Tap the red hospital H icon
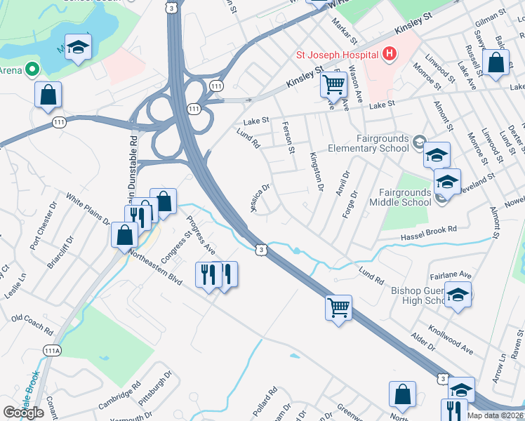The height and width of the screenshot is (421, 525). pos(390,53)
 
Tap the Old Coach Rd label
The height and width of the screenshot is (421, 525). pos(32,324)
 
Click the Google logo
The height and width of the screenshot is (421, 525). pos(23,412)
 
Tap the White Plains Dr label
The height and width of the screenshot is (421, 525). pos(88,210)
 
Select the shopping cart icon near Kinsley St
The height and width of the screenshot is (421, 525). pos(333,86)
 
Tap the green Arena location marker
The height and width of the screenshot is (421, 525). pos(31,69)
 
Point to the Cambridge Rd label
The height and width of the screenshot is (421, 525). pos(119,394)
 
